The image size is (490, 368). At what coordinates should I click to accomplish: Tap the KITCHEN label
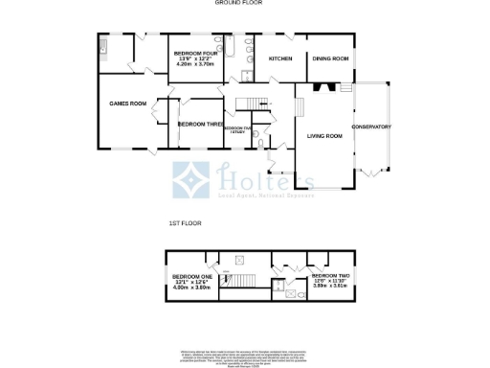280,59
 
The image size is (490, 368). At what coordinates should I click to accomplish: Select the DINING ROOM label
330,59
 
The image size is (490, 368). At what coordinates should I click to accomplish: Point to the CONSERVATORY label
371,126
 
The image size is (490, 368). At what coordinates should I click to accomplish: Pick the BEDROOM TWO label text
330,275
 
